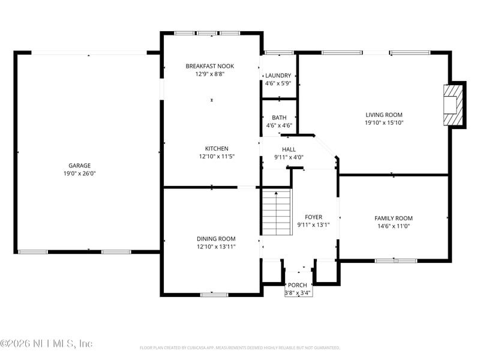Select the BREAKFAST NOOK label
(x=209, y=66)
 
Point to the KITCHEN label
(x=217, y=148)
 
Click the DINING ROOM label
(x=216, y=238)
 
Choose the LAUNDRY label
(x=278, y=76)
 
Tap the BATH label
(x=279, y=118)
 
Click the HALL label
(x=289, y=149)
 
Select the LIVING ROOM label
(x=384, y=115)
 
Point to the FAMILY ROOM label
(x=394, y=218)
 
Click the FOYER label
(x=313, y=217)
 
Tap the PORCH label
(x=298, y=285)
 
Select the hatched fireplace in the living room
(x=454, y=106)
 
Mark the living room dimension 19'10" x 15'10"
(x=384, y=122)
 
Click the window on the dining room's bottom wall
(x=214, y=295)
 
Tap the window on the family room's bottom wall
(x=396, y=260)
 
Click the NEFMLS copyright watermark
(x=47, y=344)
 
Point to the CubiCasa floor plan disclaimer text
(x=240, y=347)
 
